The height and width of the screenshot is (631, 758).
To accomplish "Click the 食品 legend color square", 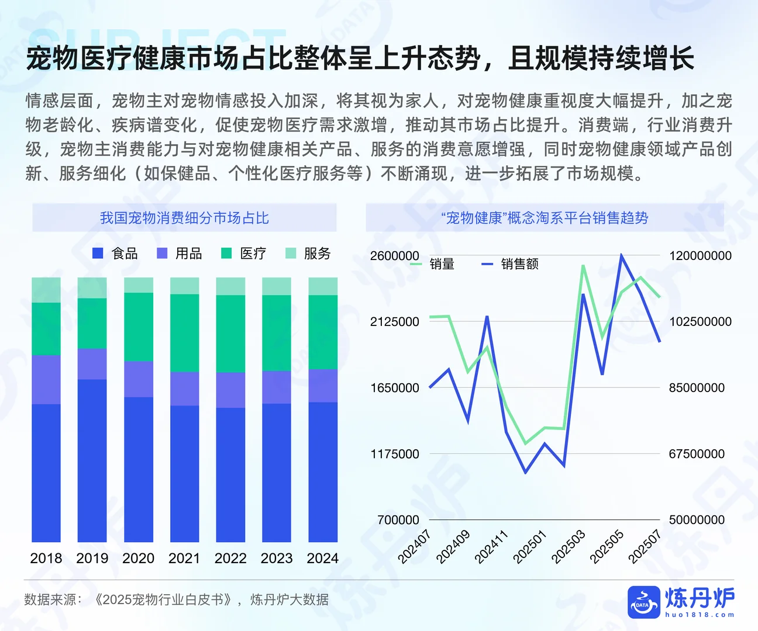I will point(98,253).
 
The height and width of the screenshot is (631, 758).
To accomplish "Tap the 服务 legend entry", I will point(308,253).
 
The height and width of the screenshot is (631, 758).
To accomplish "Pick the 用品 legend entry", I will point(180,253).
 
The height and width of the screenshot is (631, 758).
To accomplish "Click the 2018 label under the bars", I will point(46,558).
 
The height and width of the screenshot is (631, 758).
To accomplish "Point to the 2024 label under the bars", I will point(323,558).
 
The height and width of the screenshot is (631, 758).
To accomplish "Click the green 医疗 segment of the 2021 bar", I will point(184,332).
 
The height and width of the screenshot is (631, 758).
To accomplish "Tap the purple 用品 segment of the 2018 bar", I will point(46,379).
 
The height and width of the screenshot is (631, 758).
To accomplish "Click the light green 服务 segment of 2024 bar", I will point(323,286).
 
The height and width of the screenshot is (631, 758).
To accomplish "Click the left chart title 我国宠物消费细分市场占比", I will point(184,218).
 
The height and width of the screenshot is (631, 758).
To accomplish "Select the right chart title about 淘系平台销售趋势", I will point(545,218).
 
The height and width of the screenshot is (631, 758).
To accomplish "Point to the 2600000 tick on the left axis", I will point(395,255).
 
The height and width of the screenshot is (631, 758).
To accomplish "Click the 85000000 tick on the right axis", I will point(697,387).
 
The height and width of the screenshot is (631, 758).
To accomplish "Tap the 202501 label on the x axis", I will point(529,546).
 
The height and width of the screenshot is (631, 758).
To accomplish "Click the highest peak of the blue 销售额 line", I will point(621,255).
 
